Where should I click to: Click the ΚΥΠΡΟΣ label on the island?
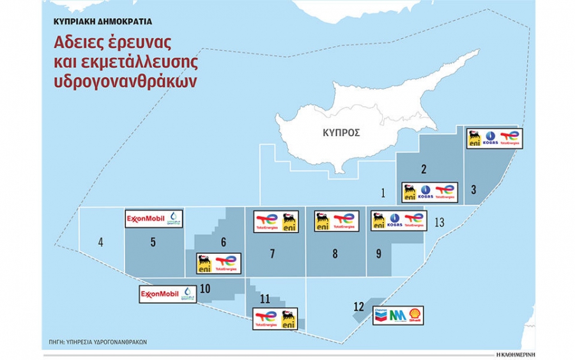341,133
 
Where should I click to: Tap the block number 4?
100,242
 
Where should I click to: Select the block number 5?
153,242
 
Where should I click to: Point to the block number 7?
272,254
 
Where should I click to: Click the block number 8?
335,254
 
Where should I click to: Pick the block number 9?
378,254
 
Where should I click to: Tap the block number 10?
204,288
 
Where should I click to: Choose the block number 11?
265,299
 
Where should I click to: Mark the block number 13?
438,223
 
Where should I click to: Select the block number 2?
423,169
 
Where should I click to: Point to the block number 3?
473,189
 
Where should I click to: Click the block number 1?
383,192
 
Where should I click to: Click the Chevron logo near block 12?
381,315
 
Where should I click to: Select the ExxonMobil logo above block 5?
145,219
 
